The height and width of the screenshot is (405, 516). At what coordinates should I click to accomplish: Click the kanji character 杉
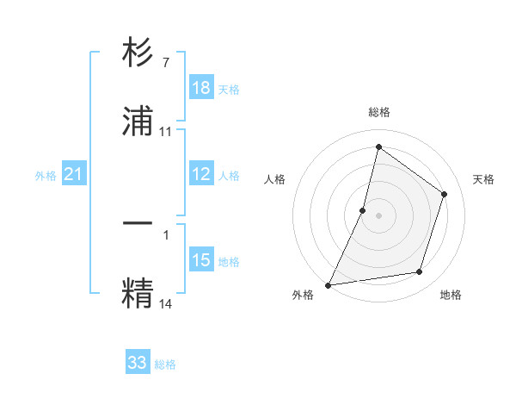(x=138, y=53)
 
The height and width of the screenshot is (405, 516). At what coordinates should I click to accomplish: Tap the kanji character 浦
(x=138, y=121)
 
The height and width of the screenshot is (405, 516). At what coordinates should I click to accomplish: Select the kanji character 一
(x=138, y=223)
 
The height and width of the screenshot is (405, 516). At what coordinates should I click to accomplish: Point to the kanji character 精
(x=138, y=291)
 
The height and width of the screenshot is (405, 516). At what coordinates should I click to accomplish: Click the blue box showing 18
(x=201, y=88)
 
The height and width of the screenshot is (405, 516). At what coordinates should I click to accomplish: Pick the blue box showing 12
(x=201, y=174)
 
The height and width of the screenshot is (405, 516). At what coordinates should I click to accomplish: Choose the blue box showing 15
(x=201, y=260)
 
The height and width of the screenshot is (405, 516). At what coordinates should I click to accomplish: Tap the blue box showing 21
(x=74, y=175)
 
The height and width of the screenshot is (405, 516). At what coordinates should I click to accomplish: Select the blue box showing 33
(x=138, y=363)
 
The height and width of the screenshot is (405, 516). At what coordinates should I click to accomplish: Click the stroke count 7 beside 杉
(x=165, y=63)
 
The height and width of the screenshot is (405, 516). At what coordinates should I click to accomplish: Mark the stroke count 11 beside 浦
(x=166, y=132)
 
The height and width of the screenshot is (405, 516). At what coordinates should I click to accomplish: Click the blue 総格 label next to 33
(x=165, y=364)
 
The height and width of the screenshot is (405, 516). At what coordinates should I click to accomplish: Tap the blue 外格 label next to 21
(x=46, y=176)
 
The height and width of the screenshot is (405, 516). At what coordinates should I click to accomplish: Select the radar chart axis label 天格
(x=483, y=179)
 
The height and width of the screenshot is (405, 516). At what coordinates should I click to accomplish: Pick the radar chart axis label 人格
(x=274, y=179)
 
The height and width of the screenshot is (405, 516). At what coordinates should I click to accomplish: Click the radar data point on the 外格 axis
(x=329, y=284)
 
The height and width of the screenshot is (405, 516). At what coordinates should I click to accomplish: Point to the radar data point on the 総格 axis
(x=378, y=146)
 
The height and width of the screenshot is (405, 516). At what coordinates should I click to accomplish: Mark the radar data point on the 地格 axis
(x=420, y=272)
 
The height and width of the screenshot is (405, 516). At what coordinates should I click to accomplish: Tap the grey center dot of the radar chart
(x=378, y=215)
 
